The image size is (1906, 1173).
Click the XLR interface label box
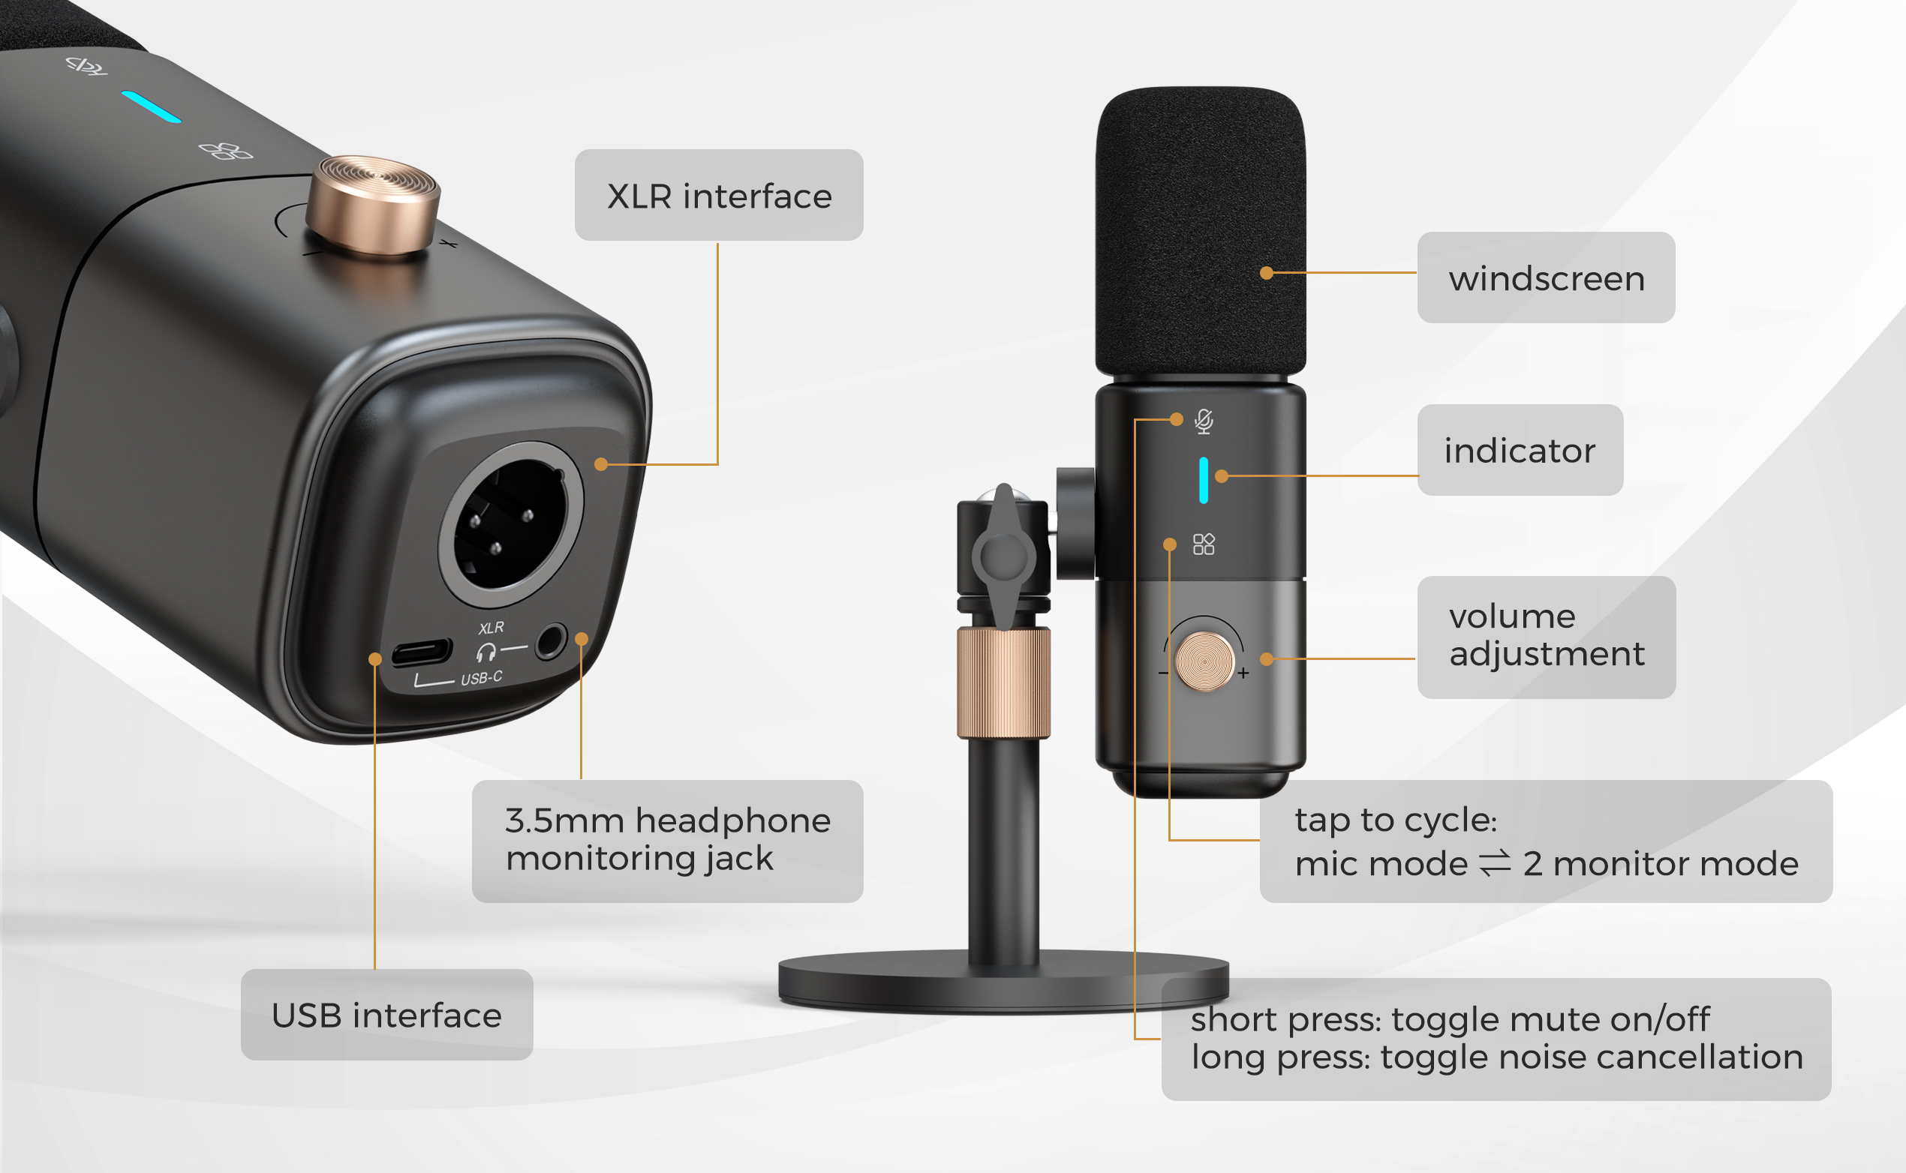[719, 196]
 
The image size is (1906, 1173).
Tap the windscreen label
[1545, 277]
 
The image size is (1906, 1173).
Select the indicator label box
[1520, 450]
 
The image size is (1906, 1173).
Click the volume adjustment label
[1546, 636]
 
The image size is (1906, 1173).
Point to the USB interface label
[386, 1015]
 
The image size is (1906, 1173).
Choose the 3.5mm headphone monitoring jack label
[667, 840]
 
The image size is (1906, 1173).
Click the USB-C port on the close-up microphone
[421, 652]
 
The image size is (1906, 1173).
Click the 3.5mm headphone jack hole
[550, 641]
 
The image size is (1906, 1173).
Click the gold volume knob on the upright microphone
[1204, 661]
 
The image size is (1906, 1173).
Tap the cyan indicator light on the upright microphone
[1203, 480]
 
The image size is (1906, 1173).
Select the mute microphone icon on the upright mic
[1204, 421]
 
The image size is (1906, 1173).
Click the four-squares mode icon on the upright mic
[1203, 544]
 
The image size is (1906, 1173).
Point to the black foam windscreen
[1200, 232]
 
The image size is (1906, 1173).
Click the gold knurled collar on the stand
[1003, 682]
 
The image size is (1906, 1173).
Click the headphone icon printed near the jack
[486, 652]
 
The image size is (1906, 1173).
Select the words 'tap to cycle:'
[1395, 819]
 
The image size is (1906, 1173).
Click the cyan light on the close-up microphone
[152, 106]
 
